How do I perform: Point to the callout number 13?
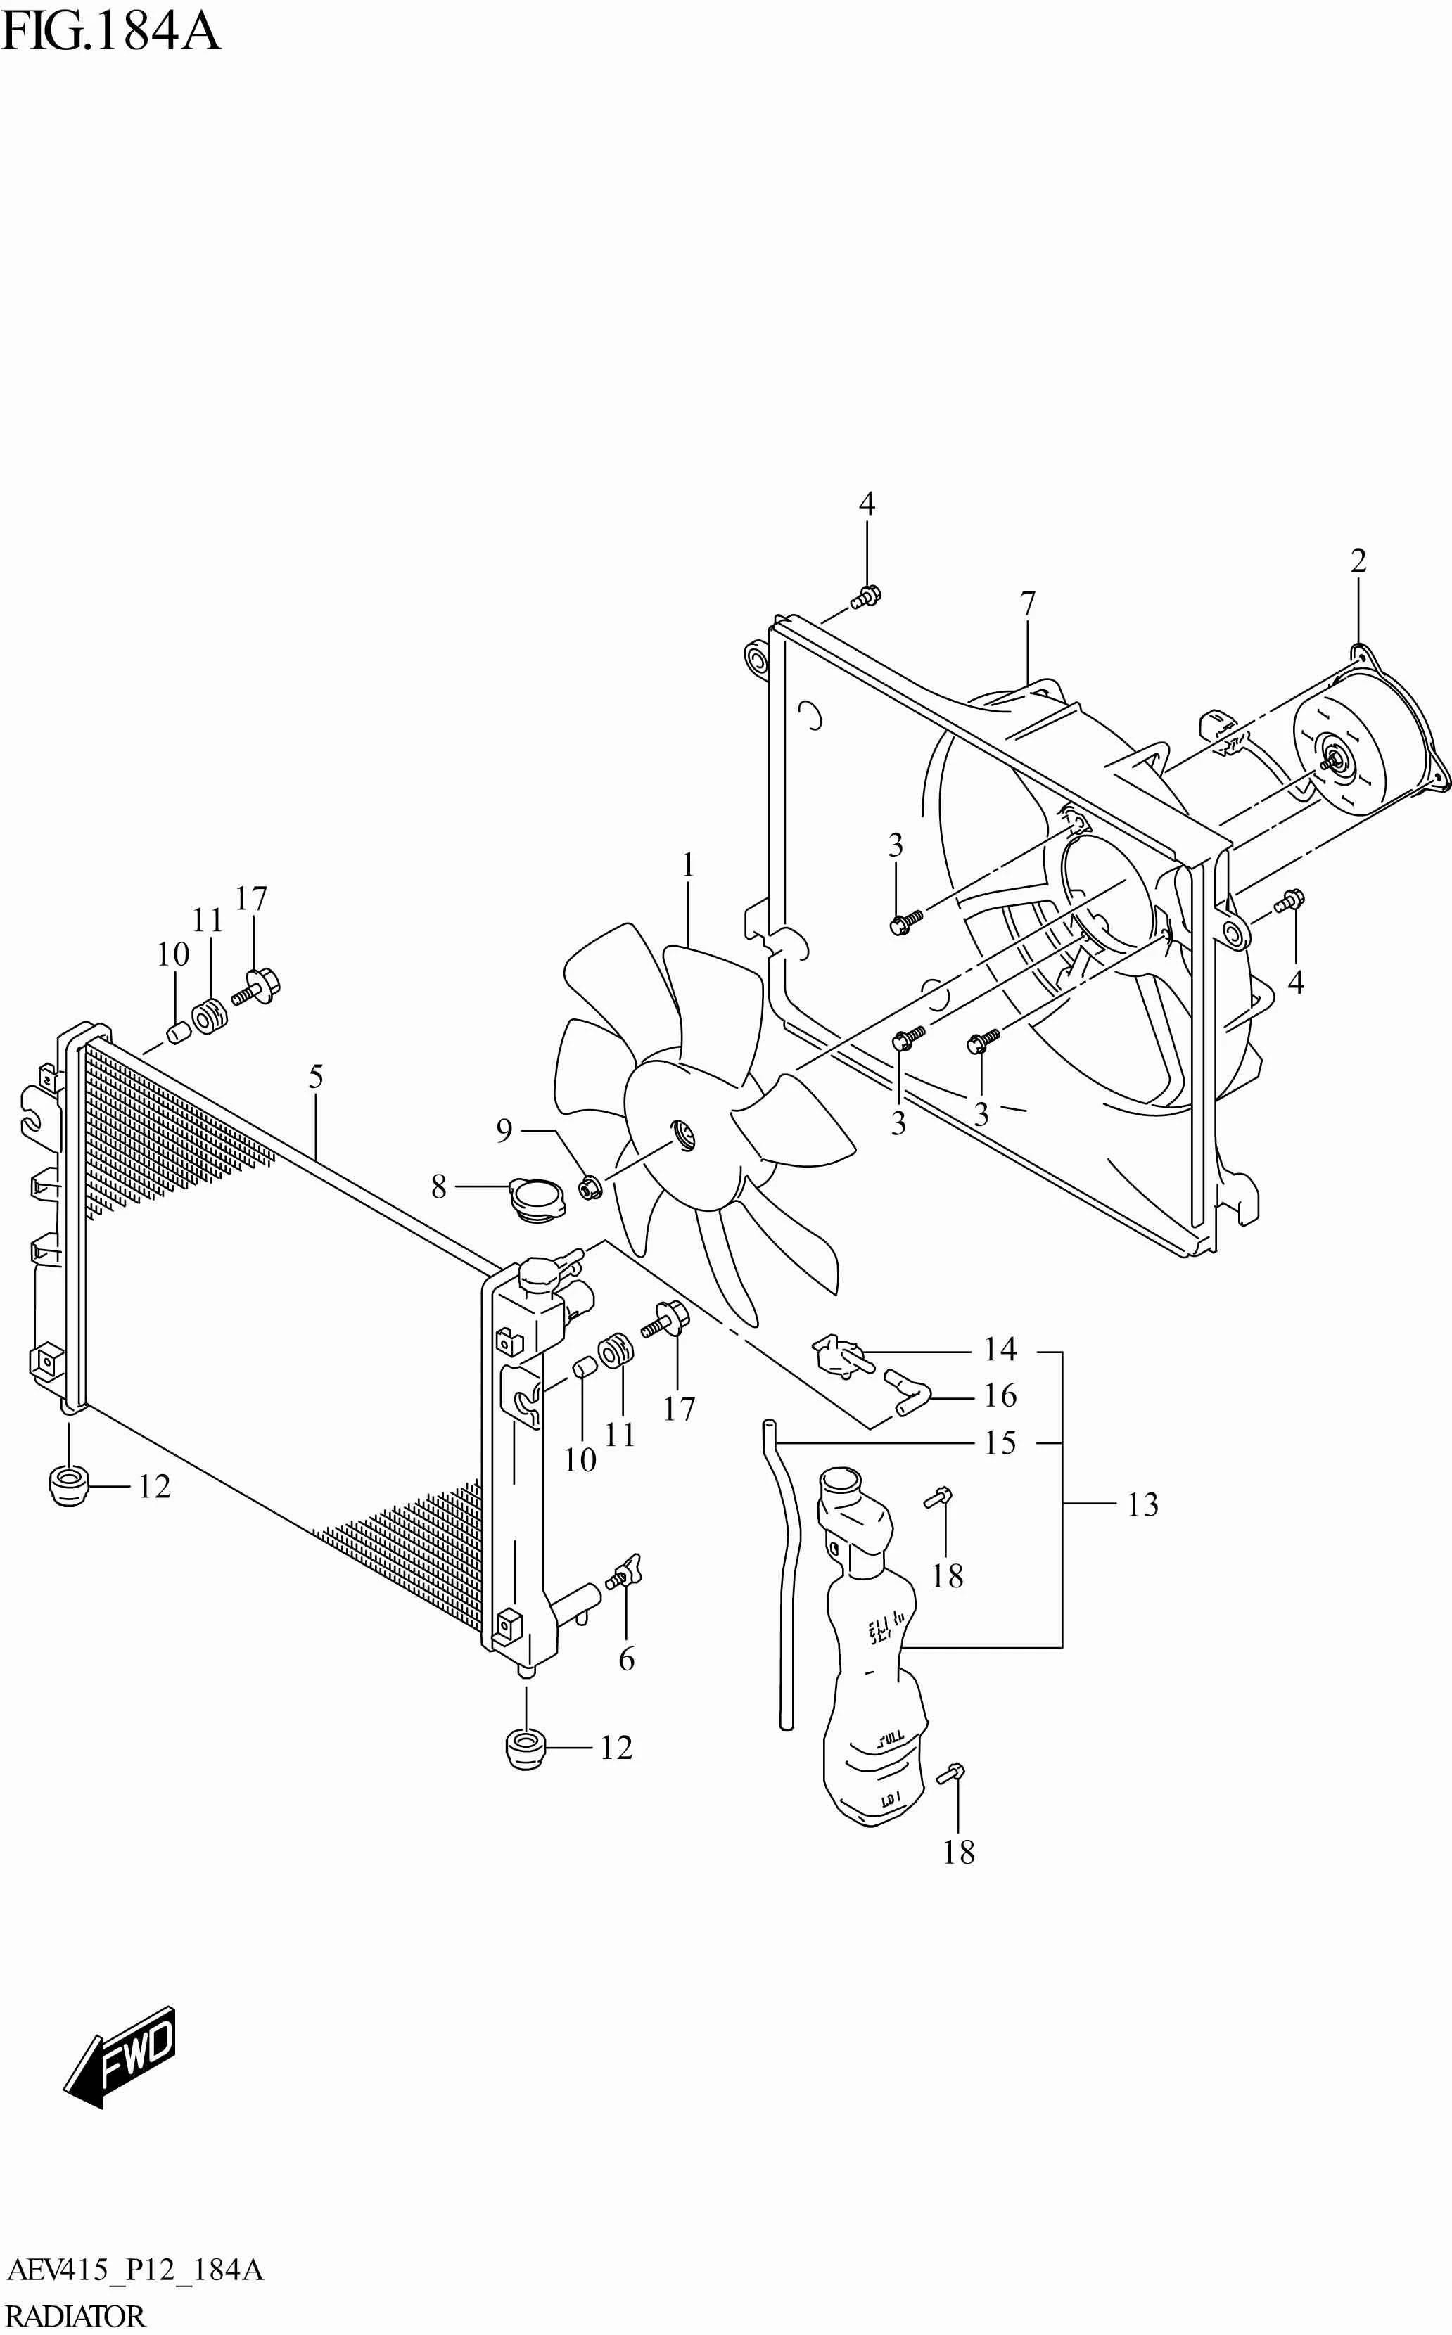(1142, 1504)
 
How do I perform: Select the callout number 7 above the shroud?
(1028, 604)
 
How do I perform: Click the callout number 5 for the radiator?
(316, 1077)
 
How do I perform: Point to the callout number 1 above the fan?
(687, 865)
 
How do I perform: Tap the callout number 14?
(1000, 1349)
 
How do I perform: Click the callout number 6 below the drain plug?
(626, 1658)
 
